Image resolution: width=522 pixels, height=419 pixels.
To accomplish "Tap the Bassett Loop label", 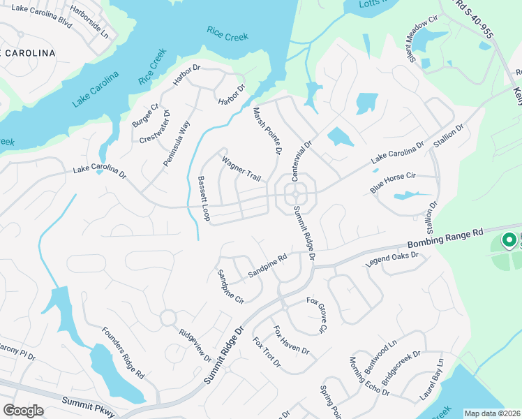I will point(204,199).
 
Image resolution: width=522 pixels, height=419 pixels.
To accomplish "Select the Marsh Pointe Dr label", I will point(267,131).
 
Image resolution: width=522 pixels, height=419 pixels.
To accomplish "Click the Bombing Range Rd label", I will point(445,239).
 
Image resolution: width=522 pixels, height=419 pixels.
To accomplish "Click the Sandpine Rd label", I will point(267,267).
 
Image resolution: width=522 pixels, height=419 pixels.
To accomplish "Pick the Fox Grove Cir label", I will point(316,314).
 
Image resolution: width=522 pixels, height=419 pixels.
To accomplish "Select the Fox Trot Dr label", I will point(267,353).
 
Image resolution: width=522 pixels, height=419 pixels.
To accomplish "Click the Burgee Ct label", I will point(146,115).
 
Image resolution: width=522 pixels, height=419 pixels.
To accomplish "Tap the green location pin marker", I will point(509,240).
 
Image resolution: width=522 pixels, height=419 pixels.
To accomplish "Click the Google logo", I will point(23,411).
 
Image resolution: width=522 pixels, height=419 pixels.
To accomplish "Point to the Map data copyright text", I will point(492,413).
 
